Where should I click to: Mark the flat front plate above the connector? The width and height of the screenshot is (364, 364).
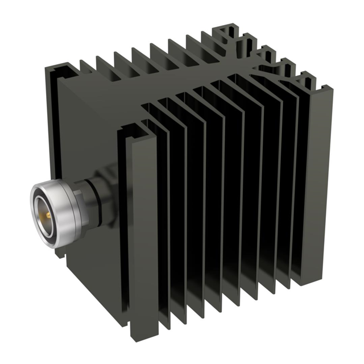point(91,125)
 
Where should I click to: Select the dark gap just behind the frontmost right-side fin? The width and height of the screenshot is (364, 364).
point(159,227)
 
